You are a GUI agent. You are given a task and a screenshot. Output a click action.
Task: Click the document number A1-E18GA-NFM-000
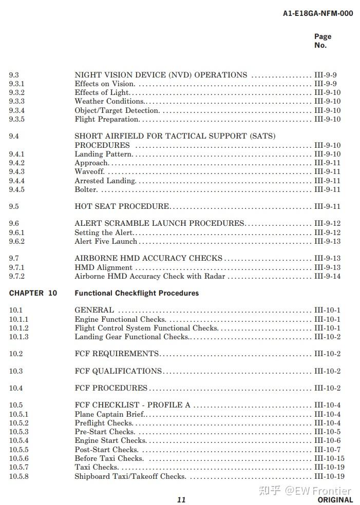(x=317, y=13)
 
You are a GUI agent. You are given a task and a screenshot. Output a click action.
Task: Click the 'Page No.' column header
(x=323, y=41)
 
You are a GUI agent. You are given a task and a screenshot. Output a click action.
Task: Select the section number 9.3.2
(x=16, y=92)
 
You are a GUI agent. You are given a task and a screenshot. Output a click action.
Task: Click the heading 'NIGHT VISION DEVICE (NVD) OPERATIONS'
(x=161, y=75)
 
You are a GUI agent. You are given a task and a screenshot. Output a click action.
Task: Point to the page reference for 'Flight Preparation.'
(x=327, y=119)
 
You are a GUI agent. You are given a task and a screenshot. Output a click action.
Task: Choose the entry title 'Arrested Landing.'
(x=105, y=181)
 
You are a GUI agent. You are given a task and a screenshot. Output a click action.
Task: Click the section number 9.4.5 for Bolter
(x=16, y=189)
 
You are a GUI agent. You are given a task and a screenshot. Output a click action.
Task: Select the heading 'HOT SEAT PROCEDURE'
(x=122, y=206)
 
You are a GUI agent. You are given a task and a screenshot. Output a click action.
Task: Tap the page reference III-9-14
(x=327, y=276)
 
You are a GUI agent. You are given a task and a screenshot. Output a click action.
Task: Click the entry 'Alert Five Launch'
(x=106, y=241)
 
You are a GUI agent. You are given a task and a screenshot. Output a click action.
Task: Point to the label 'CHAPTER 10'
(x=33, y=293)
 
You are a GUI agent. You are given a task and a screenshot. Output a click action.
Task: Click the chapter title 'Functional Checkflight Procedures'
(x=137, y=293)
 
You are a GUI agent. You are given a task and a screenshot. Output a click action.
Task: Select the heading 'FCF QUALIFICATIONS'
(x=118, y=371)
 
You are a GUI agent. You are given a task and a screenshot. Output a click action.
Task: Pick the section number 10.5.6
(x=18, y=458)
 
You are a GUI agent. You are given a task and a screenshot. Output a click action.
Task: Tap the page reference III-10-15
(x=329, y=458)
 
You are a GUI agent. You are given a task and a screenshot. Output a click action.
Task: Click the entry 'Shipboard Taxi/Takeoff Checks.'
(x=130, y=476)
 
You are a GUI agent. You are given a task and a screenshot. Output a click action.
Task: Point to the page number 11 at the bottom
(x=181, y=499)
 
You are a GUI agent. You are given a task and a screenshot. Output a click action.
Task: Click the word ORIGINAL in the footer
(x=335, y=499)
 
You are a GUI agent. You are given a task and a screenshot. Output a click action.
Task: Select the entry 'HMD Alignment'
(x=103, y=267)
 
